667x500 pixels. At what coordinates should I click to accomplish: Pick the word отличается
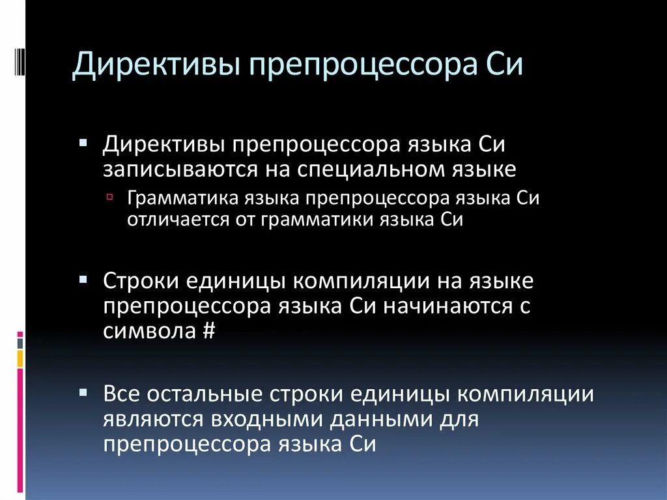pyautogui.click(x=172, y=219)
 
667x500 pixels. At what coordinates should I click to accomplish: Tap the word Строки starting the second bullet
pyautogui.click(x=140, y=282)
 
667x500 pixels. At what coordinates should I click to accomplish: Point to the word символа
pyautogui.click(x=149, y=331)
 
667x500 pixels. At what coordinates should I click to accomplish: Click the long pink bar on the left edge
pyautogui.click(x=20, y=430)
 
